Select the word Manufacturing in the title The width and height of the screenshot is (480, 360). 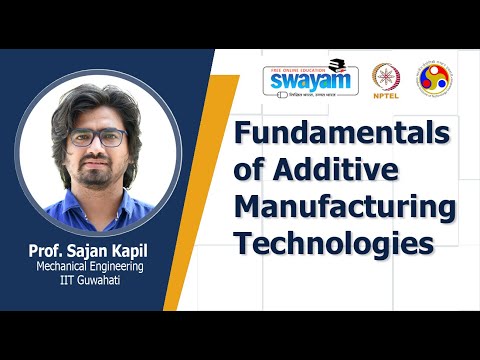345,209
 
